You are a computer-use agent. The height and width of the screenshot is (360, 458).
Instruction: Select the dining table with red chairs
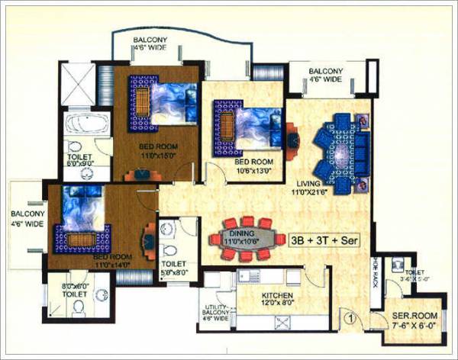(244, 234)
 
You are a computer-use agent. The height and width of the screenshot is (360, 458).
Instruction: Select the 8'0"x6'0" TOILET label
(77, 291)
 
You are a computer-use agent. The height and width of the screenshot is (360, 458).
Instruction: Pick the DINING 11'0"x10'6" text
(242, 236)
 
